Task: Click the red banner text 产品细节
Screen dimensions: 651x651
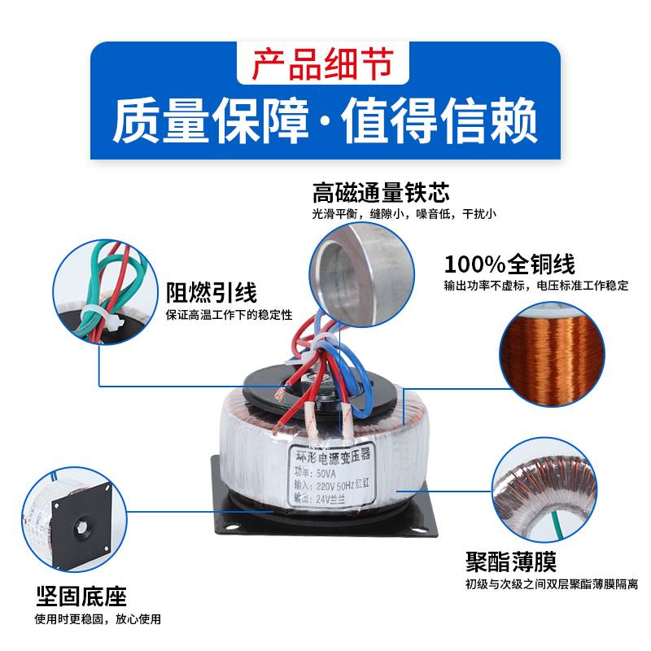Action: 325,64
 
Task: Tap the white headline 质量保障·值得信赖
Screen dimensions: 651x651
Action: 325,120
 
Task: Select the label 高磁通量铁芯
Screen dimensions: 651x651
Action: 380,193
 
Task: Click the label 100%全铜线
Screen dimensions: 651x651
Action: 509,264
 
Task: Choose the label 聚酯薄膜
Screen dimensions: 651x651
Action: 511,561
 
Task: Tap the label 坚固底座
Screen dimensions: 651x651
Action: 81,596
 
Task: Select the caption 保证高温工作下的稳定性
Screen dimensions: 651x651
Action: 229,315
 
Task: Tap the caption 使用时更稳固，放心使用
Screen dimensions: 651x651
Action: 98,619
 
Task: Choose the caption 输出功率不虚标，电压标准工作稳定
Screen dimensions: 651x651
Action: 536,286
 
